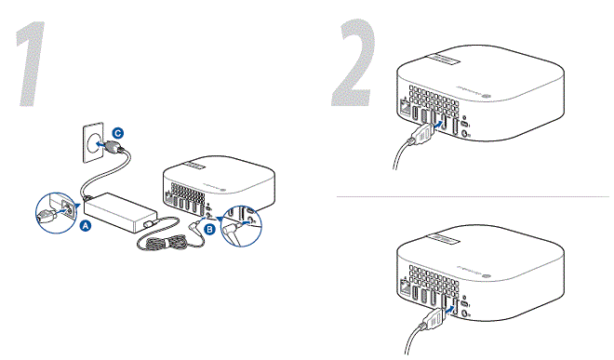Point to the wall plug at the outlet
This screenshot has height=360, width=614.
[x=111, y=147]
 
